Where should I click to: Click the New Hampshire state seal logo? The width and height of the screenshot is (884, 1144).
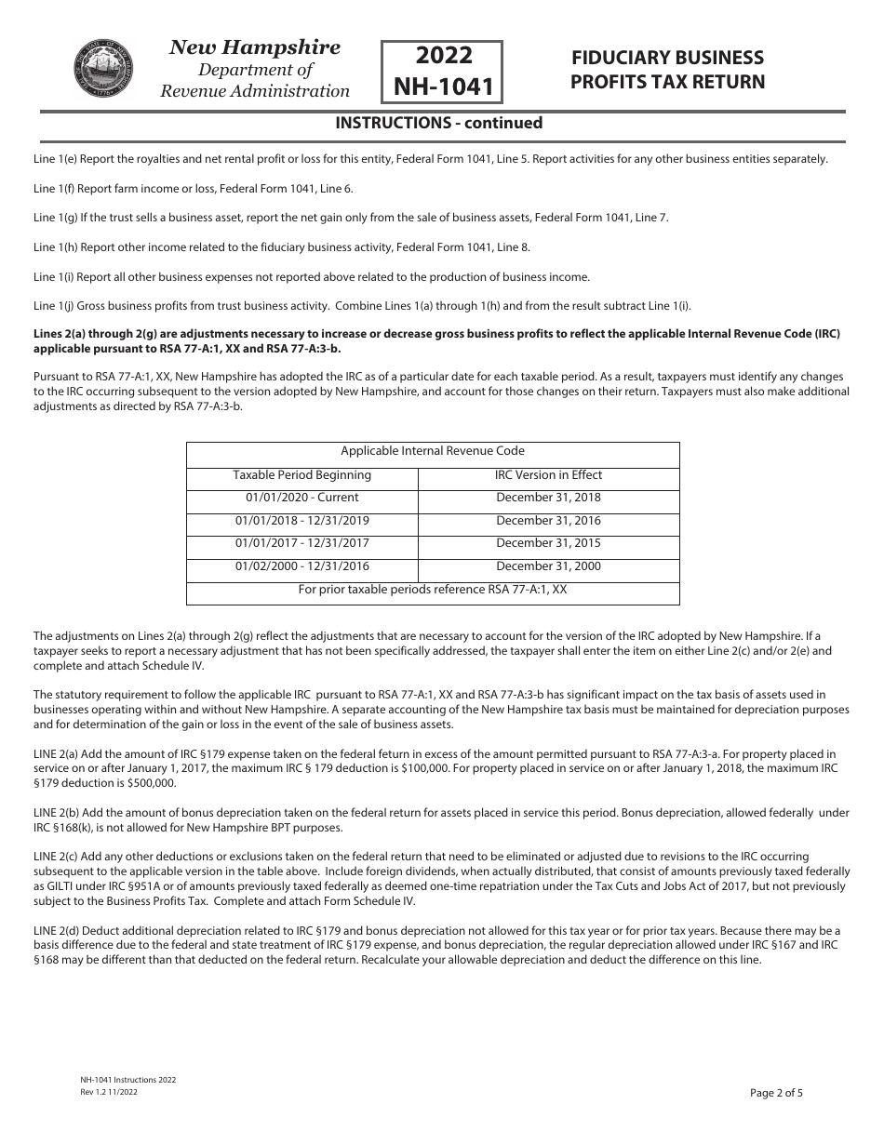tap(102, 70)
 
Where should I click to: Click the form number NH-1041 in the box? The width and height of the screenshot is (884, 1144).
tap(442, 86)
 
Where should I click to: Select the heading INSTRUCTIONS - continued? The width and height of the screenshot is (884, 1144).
tap(438, 123)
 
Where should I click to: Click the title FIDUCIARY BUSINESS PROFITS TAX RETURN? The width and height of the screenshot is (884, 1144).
tap(667, 70)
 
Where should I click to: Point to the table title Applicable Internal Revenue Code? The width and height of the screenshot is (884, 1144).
tap(433, 451)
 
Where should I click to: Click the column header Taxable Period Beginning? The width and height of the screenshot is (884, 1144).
tap(301, 474)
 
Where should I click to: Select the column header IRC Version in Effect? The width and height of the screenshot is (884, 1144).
tap(548, 474)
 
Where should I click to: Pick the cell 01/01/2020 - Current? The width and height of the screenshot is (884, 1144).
tap(301, 498)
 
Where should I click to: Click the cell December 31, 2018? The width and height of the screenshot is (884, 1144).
tap(548, 498)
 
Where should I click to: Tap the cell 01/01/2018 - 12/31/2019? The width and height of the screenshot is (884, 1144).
tap(301, 521)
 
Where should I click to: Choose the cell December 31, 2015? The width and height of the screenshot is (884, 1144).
tap(548, 543)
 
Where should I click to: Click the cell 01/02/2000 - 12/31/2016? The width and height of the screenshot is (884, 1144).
tap(301, 566)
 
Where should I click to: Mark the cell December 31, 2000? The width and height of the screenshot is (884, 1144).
tap(548, 566)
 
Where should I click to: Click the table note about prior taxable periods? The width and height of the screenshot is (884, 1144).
tap(433, 590)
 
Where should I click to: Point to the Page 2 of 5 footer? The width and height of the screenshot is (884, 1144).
tap(776, 1093)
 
